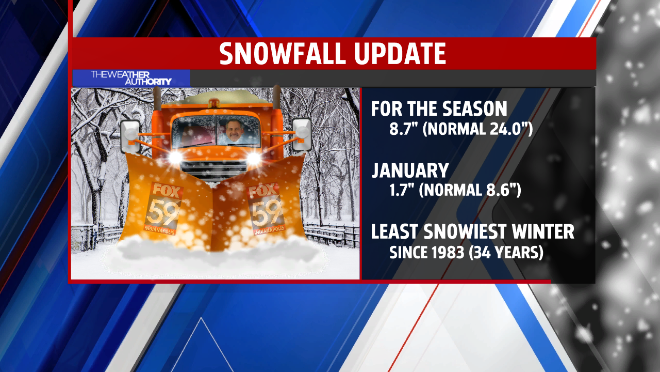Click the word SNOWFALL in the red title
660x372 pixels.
pyautogui.click(x=282, y=53)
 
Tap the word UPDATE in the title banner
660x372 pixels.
pyautogui.click(x=400, y=53)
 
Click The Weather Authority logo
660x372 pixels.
pyautogui.click(x=131, y=78)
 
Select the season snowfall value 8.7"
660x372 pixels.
pyautogui.click(x=403, y=129)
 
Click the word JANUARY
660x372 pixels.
pyautogui.click(x=410, y=171)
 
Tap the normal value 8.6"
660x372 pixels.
pyautogui.click(x=500, y=190)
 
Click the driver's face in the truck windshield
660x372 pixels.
pyautogui.click(x=235, y=130)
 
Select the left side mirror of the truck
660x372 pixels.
pyautogui.click(x=130, y=136)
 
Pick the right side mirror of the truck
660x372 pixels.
pyautogui.click(x=302, y=134)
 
